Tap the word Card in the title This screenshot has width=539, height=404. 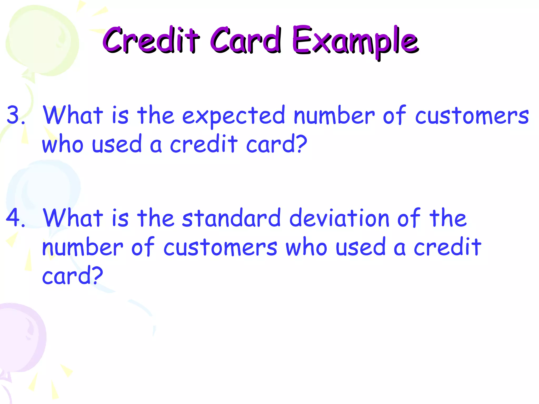tap(245, 40)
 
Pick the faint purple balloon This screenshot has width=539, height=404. tap(21, 339)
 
